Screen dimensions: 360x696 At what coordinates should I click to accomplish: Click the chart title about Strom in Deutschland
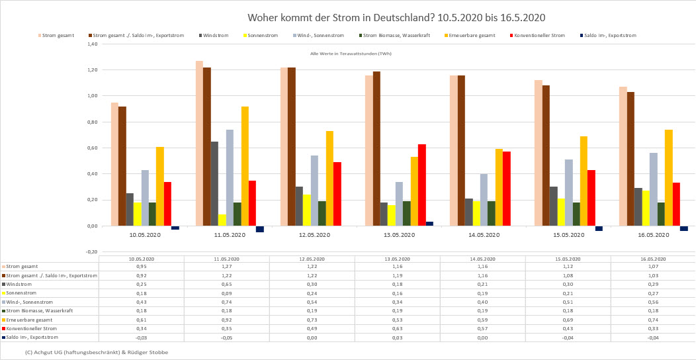[x=396, y=17]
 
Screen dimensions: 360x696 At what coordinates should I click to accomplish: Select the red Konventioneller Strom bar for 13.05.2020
[x=421, y=185]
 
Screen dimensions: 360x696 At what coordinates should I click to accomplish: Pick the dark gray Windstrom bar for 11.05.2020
[x=214, y=183]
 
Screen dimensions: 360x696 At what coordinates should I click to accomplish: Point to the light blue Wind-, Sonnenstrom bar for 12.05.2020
[x=314, y=191]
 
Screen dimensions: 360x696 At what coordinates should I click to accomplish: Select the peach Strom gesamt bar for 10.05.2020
[x=114, y=164]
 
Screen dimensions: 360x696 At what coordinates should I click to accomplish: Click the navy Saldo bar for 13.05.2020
[x=429, y=224]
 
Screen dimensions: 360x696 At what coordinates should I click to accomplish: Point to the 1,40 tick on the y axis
[x=92, y=44]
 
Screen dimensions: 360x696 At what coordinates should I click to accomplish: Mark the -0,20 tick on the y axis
[x=91, y=252]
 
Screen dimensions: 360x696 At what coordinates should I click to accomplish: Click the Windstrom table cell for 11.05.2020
[x=226, y=284]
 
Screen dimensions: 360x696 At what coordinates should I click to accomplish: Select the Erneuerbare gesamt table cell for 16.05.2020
[x=653, y=319]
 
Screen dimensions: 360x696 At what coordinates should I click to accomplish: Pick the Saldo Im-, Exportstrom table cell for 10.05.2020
[x=141, y=337]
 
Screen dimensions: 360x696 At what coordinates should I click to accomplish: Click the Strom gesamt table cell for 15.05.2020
[x=568, y=266]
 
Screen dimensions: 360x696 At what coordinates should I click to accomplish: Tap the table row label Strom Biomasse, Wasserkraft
[x=40, y=310]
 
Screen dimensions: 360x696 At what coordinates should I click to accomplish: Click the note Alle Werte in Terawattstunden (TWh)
[x=351, y=54]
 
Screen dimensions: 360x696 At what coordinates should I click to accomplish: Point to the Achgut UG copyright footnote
[x=96, y=352]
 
